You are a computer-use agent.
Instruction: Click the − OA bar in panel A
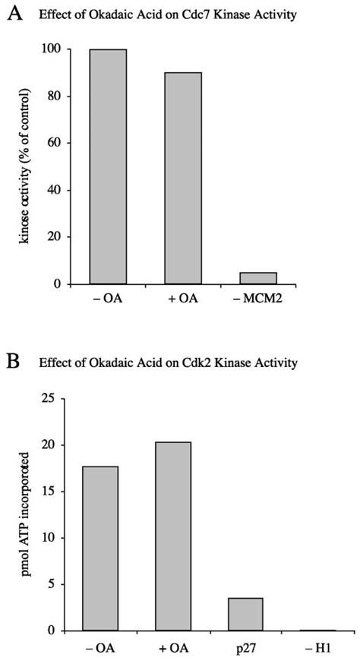(x=108, y=166)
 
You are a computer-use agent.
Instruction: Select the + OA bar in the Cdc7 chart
(x=183, y=178)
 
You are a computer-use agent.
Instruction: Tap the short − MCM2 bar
(x=258, y=278)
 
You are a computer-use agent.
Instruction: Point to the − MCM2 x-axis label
(x=258, y=298)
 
